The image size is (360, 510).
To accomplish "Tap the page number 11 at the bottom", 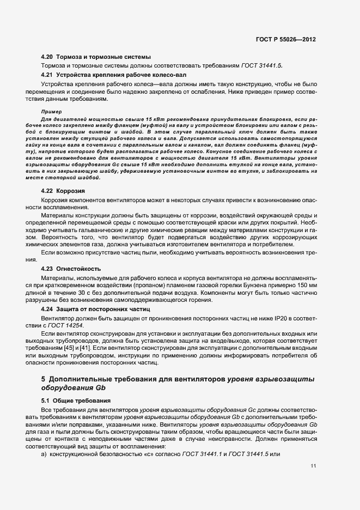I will (x=313, y=466).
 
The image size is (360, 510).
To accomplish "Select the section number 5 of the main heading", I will (x=43, y=378).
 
